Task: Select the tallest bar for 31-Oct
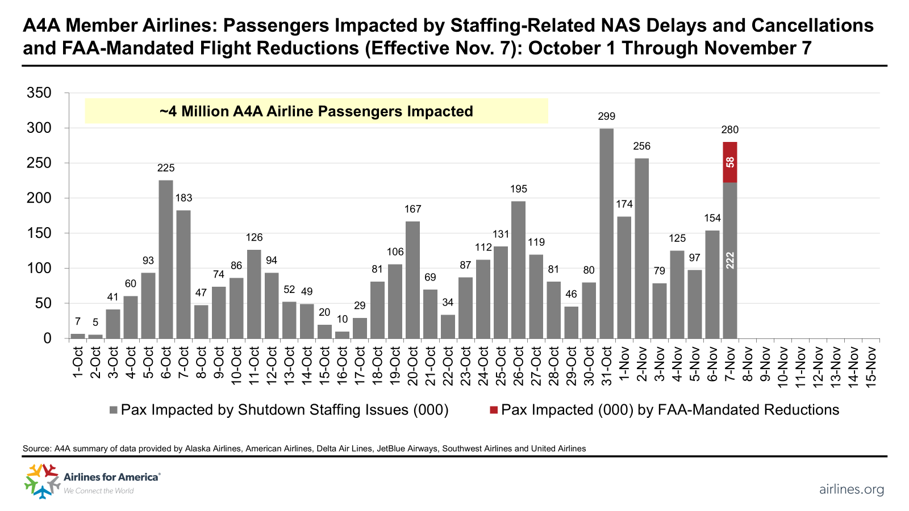point(606,233)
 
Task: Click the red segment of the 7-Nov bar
point(730,162)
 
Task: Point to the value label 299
point(606,116)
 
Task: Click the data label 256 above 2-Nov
point(641,146)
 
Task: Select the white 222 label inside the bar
point(730,260)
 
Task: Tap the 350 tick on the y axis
point(39,93)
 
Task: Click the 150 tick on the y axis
point(39,233)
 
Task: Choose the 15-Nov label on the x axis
point(871,366)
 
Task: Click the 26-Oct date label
point(519,366)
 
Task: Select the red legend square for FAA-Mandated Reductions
point(494,410)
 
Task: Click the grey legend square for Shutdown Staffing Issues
point(114,410)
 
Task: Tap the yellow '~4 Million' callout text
point(316,111)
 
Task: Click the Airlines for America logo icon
point(42,480)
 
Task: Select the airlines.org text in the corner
point(851,489)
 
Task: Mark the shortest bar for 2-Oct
point(95,336)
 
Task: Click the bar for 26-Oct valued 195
point(518,270)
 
